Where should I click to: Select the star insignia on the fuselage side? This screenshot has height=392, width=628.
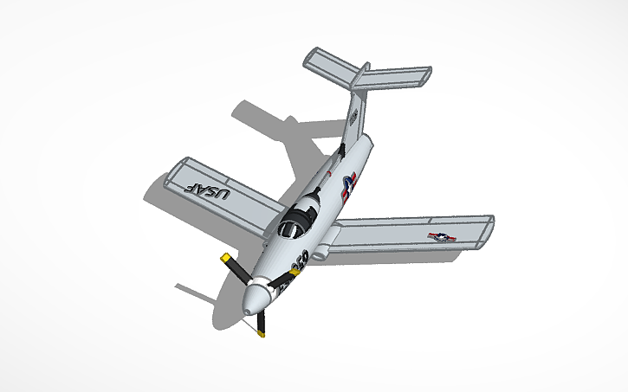click(x=348, y=186)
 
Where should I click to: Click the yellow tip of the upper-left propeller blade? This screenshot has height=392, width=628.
click(x=226, y=259)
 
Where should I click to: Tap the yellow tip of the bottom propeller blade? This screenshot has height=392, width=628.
click(x=262, y=331)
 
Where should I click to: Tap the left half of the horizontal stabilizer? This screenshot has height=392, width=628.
click(x=328, y=66)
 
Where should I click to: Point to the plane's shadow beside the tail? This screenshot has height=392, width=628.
click(x=277, y=130)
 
